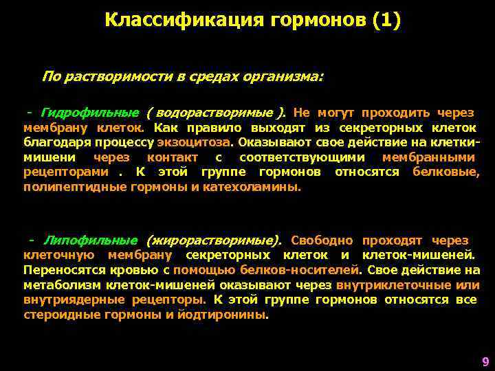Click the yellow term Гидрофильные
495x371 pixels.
90,113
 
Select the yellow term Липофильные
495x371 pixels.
91,240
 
